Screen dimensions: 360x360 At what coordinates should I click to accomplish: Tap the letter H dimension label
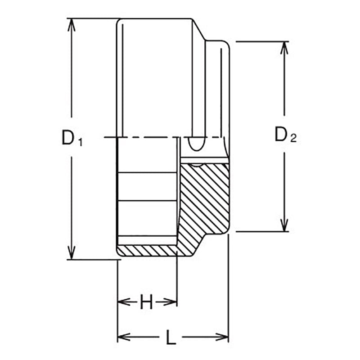coord(145,302)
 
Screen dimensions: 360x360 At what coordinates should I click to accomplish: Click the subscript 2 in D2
coord(293,139)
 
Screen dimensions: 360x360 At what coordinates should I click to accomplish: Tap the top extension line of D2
coord(261,41)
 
